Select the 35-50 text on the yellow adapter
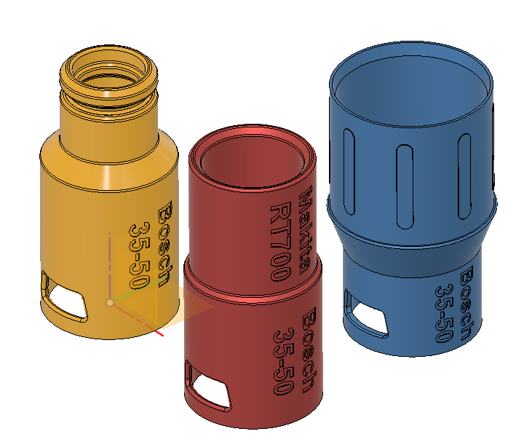click(139, 254)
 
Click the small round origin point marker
click(109, 301)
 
